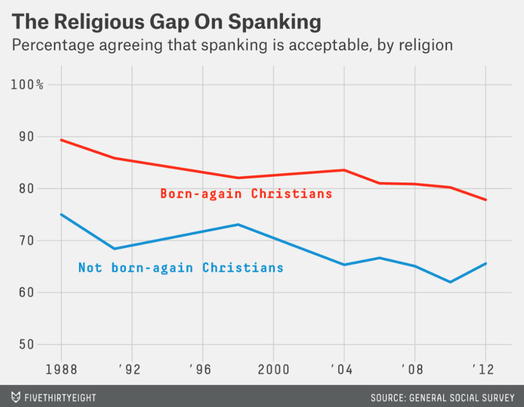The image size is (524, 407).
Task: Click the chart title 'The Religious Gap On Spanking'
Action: pyautogui.click(x=166, y=22)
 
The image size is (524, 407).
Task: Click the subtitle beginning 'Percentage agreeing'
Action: pyautogui.click(x=232, y=45)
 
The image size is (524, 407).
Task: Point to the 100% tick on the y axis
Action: pyautogui.click(x=27, y=85)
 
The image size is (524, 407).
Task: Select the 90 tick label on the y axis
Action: pyautogui.click(x=20, y=137)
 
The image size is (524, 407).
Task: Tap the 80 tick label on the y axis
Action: pyautogui.click(x=20, y=189)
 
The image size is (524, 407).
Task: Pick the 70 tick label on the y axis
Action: pyautogui.click(x=20, y=241)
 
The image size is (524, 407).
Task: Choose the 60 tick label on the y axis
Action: pyautogui.click(x=20, y=293)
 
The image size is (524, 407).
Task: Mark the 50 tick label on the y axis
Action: pyautogui.click(x=20, y=345)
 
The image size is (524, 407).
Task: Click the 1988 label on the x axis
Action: pyautogui.click(x=61, y=369)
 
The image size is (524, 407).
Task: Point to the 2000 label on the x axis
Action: pyautogui.click(x=274, y=369)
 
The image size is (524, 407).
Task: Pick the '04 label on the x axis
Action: pyautogui.click(x=343, y=369)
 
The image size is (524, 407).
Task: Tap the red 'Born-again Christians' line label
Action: pyautogui.click(x=246, y=194)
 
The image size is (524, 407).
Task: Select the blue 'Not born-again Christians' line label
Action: pyautogui.click(x=180, y=268)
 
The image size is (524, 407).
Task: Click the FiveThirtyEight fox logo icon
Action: pyautogui.click(x=16, y=397)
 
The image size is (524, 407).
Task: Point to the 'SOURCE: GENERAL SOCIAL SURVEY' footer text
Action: pyautogui.click(x=442, y=397)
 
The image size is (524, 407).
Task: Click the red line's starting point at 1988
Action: pyautogui.click(x=61, y=140)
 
